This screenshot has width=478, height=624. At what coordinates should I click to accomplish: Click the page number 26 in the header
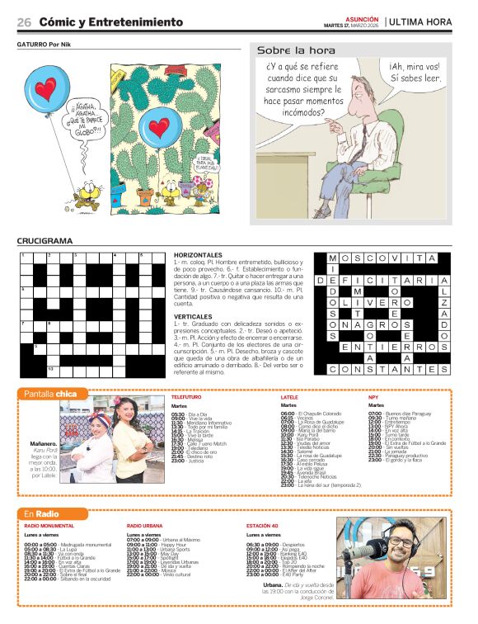click(x=24, y=21)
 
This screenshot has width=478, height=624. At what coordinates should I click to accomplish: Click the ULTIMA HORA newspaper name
click(x=420, y=21)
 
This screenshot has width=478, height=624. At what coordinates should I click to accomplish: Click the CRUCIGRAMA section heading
click(x=45, y=241)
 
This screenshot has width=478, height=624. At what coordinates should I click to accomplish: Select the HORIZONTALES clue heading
click(x=199, y=255)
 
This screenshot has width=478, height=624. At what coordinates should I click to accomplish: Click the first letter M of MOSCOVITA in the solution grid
click(x=333, y=258)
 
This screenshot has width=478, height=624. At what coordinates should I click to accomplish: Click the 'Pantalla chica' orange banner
click(x=50, y=394)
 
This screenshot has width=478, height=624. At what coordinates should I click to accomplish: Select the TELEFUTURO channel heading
click(x=186, y=397)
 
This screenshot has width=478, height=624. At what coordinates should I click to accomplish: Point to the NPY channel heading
click(x=373, y=397)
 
